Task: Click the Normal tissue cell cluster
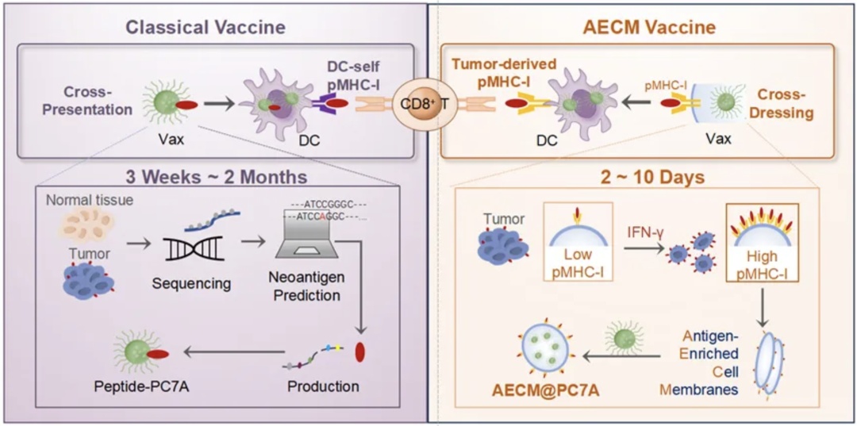86,225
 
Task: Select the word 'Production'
322,386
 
